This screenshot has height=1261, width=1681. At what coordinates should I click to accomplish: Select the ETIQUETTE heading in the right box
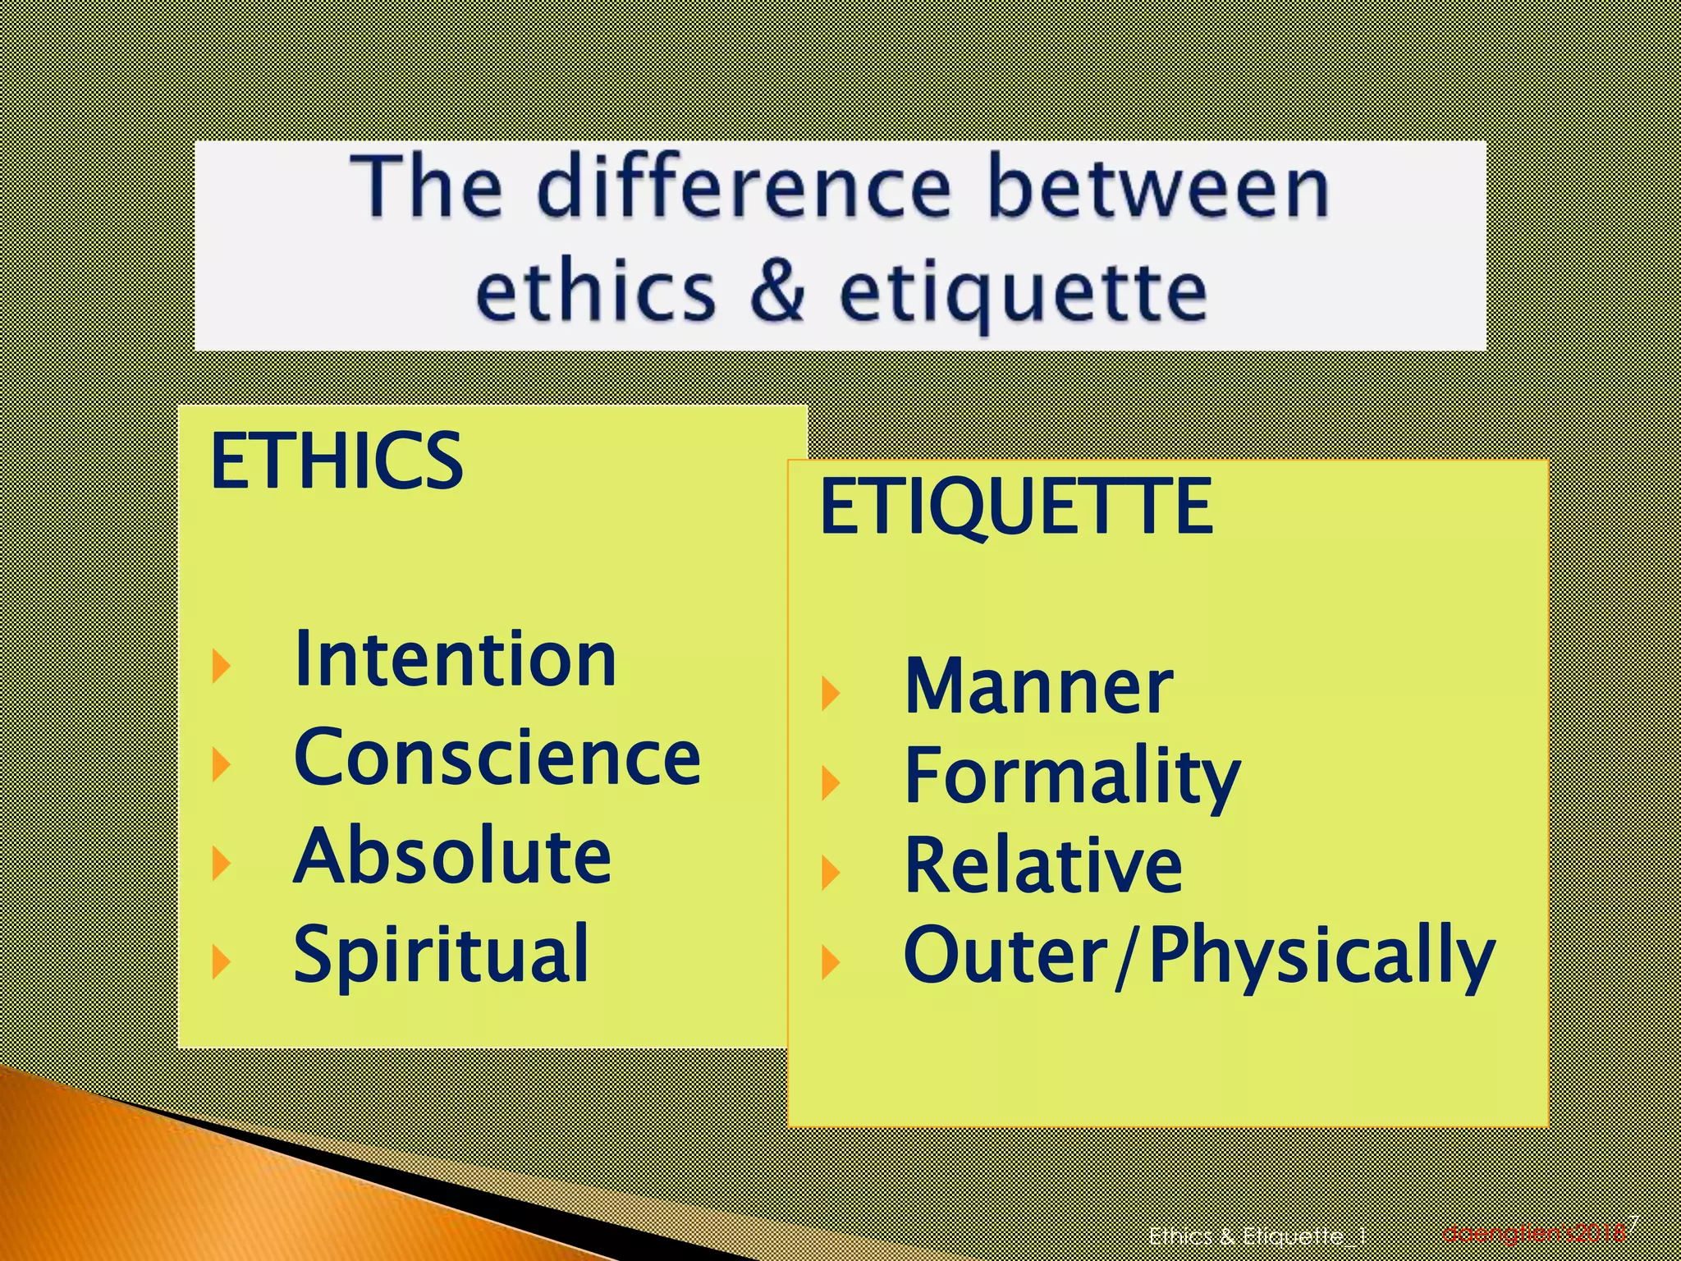click(x=1016, y=507)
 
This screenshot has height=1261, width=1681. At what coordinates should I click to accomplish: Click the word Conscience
click(x=497, y=758)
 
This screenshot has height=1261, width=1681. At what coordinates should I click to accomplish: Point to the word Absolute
click(x=452, y=856)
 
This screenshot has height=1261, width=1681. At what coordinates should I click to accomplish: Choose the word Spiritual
click(x=442, y=954)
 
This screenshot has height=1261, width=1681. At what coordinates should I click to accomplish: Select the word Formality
click(x=1071, y=777)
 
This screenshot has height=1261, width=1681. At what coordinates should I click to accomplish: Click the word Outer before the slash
click(x=1006, y=956)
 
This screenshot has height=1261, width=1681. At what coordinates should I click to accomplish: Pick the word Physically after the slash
click(x=1321, y=957)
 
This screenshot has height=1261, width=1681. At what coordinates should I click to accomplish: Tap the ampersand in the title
click(x=777, y=291)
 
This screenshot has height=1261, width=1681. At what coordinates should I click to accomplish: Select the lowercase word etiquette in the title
click(x=1023, y=294)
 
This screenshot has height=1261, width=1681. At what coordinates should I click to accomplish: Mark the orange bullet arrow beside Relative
click(x=830, y=872)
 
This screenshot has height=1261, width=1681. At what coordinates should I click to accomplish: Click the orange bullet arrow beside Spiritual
click(x=220, y=961)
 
